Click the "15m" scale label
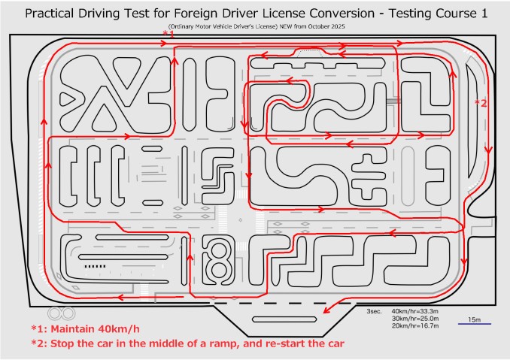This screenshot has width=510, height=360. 475,319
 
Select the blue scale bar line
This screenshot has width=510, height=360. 475,325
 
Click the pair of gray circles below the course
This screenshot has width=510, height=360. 60,312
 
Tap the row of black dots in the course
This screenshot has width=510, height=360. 94,265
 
